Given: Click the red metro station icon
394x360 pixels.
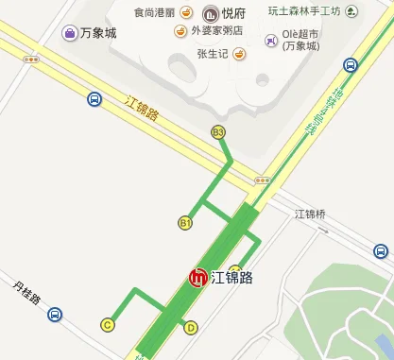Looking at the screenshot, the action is [x=198, y=279].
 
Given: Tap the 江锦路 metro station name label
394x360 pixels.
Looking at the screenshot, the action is [x=232, y=278].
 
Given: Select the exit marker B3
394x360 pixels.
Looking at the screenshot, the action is [x=218, y=132].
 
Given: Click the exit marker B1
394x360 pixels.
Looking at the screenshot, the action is [x=185, y=223].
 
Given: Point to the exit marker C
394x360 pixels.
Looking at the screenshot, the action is [x=108, y=325].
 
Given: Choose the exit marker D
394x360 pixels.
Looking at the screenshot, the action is [x=191, y=328].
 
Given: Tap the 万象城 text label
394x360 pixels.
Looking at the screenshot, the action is [x=98, y=33].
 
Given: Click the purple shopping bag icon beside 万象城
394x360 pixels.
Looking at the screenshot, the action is [x=71, y=33].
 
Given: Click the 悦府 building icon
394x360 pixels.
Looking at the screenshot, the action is [x=209, y=13].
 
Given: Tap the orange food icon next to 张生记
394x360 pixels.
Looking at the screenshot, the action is [x=239, y=54].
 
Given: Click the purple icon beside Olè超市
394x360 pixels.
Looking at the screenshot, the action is [x=272, y=40].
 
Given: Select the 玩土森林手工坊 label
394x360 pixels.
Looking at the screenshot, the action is [x=302, y=11].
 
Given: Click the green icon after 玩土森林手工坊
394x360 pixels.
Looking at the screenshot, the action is [x=352, y=11].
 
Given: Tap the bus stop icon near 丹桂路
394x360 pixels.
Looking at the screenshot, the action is [x=56, y=315].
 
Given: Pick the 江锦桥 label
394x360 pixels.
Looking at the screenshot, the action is [x=310, y=214].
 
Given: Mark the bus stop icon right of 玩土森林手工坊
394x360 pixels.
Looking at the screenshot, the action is [x=351, y=65].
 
